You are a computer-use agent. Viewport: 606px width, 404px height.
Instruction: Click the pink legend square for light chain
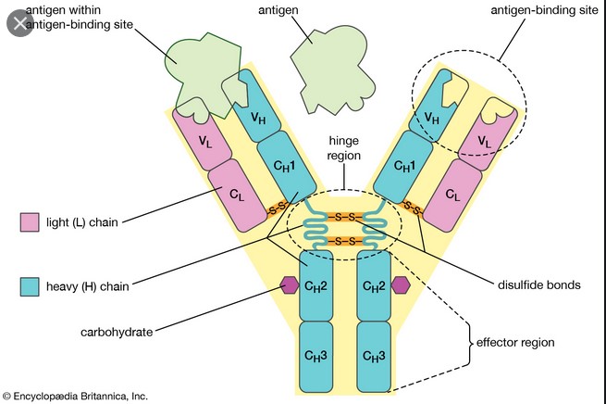coord(30,222)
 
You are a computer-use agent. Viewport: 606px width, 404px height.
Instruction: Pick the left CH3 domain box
coord(315,355)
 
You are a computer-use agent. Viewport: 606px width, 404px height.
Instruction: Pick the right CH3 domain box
coord(375,355)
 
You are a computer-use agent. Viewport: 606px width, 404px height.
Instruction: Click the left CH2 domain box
coord(315,284)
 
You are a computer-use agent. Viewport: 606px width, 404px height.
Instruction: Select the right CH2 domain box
coord(375,284)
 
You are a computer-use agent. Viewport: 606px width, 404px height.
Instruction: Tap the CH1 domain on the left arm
coord(284,165)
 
